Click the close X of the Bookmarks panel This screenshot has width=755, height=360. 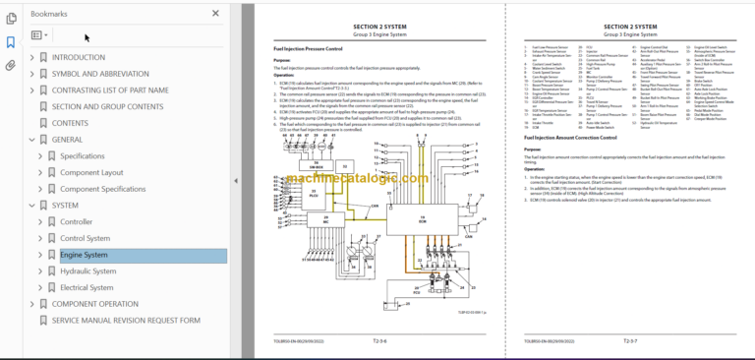tap(216, 14)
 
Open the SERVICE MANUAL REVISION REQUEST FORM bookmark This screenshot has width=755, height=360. tap(126, 321)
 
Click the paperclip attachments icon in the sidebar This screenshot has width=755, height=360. tap(10, 66)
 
